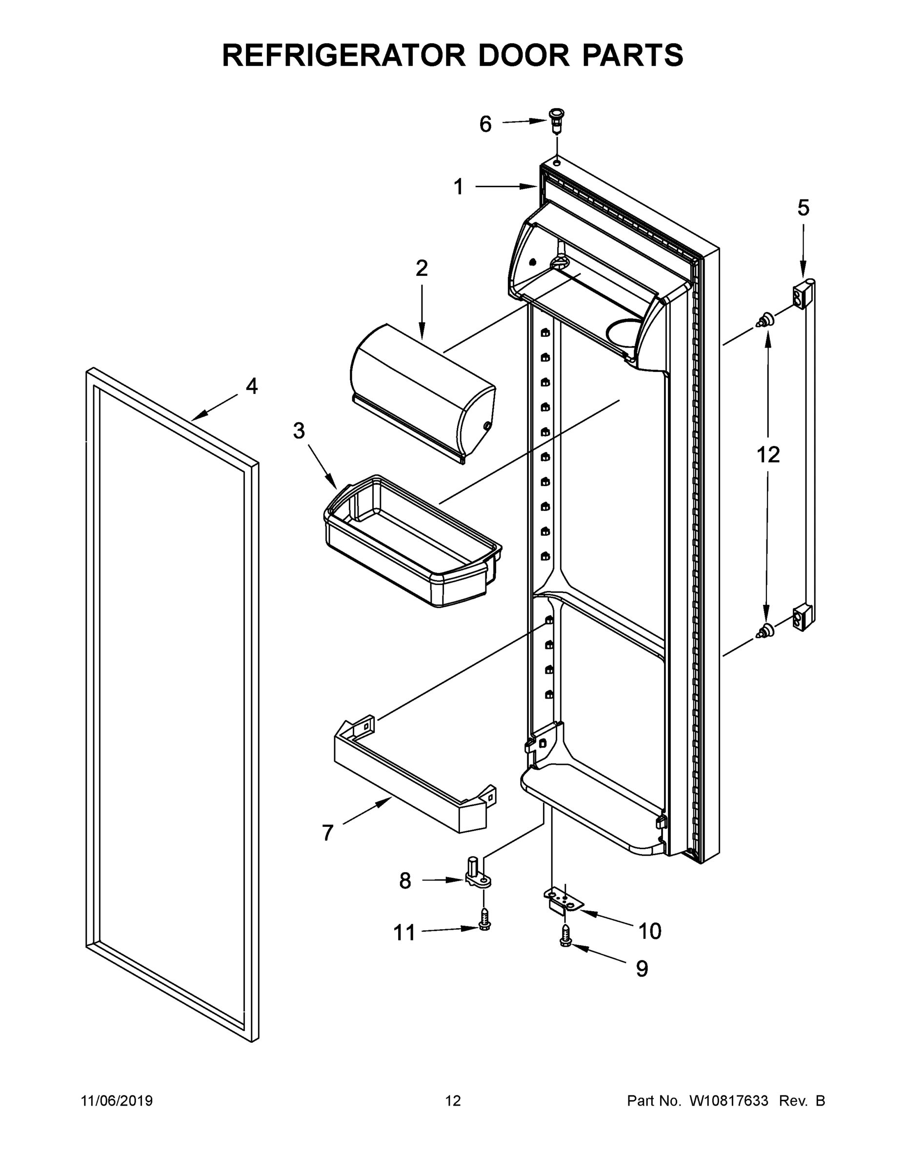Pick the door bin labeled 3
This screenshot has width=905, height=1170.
413,541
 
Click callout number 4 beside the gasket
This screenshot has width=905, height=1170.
251,386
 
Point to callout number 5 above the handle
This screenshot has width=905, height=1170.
803,208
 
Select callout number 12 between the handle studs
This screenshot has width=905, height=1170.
767,455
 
